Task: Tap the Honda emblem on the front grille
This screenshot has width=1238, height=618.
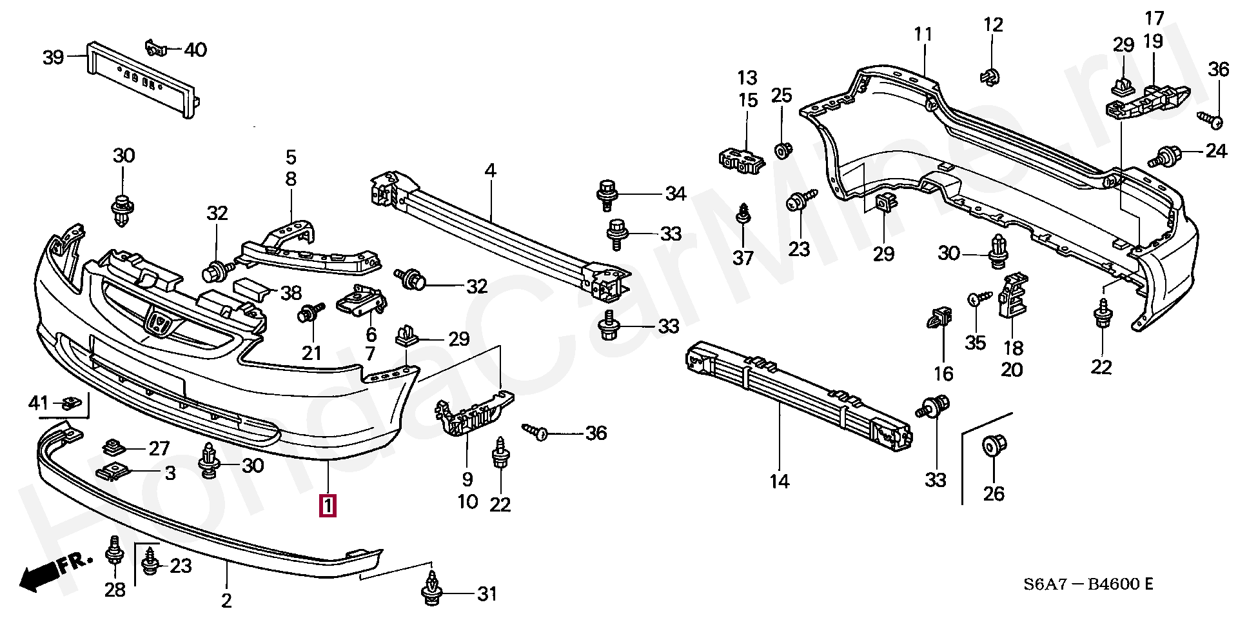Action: click(x=157, y=321)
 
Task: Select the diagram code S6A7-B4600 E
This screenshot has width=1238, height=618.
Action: click(x=1089, y=585)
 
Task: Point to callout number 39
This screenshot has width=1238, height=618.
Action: click(x=54, y=57)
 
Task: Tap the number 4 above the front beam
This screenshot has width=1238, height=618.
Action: click(x=491, y=171)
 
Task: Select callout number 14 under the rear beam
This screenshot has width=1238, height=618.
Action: click(x=779, y=481)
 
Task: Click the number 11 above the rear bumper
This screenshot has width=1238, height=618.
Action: click(x=923, y=34)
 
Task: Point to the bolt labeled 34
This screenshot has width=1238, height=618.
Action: click(x=607, y=194)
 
